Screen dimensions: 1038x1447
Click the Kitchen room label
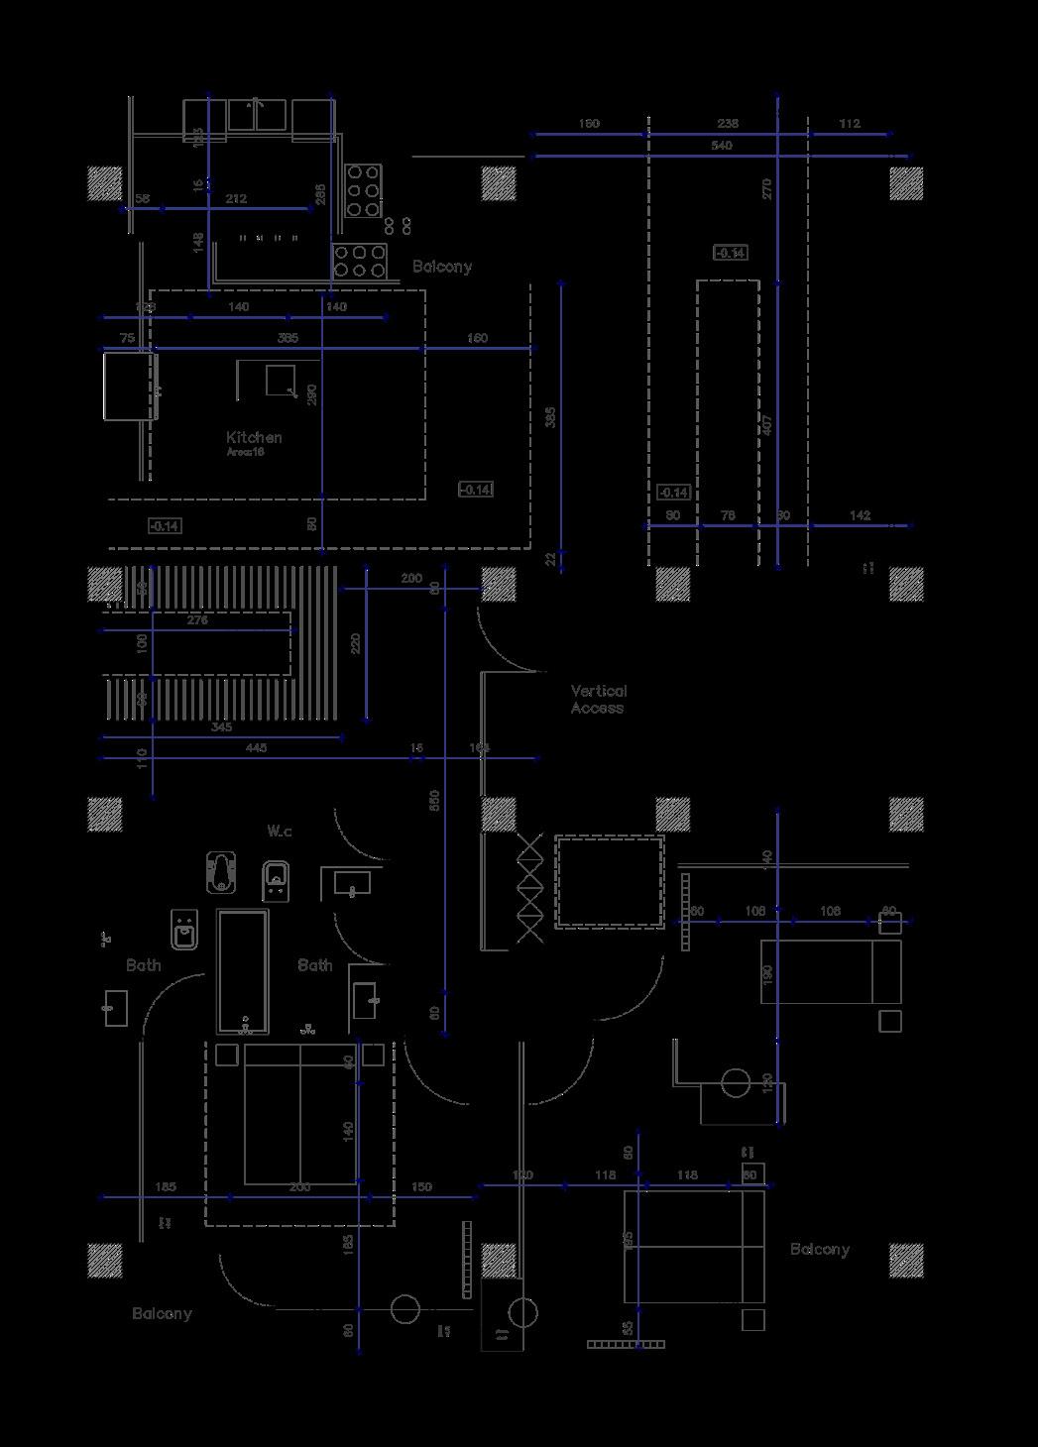point(254,437)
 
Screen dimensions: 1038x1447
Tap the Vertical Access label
point(598,700)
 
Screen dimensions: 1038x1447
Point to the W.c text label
point(280,831)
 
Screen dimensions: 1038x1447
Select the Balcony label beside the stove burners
point(442,267)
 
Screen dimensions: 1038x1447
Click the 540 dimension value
point(722,146)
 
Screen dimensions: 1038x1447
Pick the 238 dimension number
point(728,124)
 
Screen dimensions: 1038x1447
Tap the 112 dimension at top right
point(850,124)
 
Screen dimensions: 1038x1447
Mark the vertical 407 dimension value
point(767,425)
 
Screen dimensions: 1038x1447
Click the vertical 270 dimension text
point(767,188)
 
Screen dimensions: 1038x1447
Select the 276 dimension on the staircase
point(197,620)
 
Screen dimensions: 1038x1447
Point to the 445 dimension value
point(256,748)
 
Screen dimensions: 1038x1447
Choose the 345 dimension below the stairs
point(221,727)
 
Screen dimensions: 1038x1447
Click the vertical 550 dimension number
point(434,801)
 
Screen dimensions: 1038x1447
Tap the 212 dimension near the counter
point(236,199)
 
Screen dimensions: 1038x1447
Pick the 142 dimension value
point(861,515)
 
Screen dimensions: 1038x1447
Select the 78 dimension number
point(728,515)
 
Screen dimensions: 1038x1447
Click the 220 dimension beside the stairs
point(356,643)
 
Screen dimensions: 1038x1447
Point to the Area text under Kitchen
point(245,452)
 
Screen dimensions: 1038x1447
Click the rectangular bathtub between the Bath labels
point(243,971)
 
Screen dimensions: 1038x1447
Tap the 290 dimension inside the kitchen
point(312,394)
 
